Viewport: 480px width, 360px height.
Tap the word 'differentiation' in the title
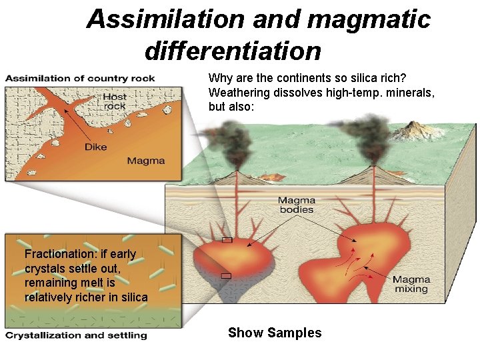(x=233, y=50)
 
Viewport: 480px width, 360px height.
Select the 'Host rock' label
(x=115, y=101)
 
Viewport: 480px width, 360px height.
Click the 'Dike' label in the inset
(x=95, y=147)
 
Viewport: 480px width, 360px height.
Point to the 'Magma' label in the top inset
(x=145, y=161)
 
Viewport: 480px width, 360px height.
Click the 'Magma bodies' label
(x=297, y=205)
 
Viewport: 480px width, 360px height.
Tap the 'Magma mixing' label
(x=411, y=285)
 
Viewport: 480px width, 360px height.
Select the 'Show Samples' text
(x=275, y=333)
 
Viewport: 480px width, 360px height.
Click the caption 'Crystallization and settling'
(x=76, y=335)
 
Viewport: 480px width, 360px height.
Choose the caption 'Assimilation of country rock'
(x=80, y=78)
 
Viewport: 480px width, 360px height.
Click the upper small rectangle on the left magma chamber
(x=227, y=240)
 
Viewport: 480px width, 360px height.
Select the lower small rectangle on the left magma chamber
(x=226, y=275)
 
